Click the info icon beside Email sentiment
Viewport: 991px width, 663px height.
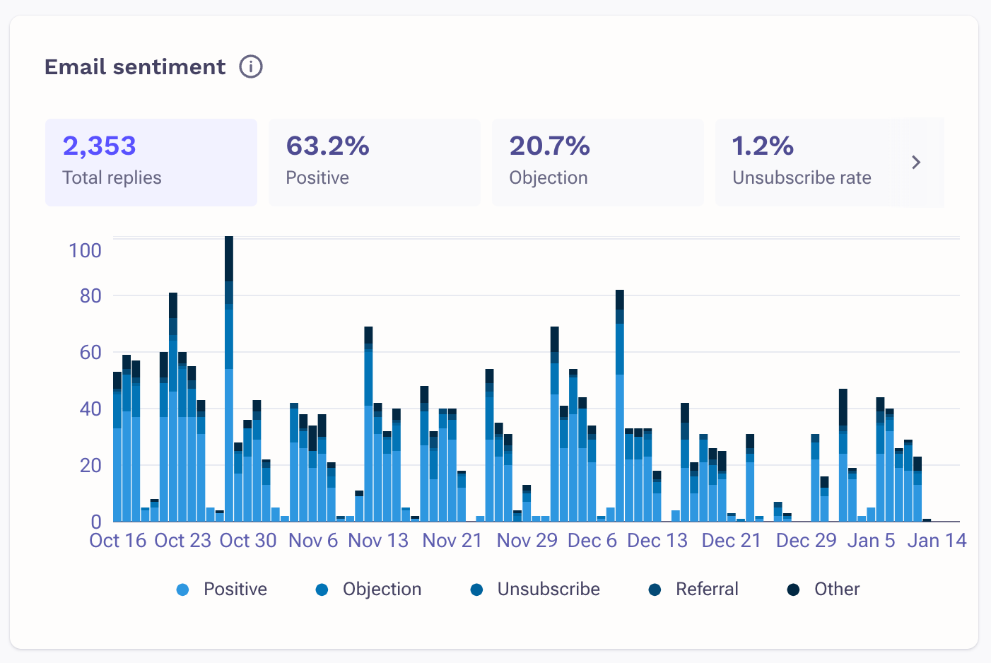[251, 66]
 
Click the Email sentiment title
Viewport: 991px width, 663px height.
[135, 66]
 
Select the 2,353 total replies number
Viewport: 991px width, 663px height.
[99, 146]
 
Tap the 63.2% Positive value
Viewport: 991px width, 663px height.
[327, 146]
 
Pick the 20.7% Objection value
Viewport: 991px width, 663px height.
[549, 146]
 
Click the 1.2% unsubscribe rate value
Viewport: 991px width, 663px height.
[763, 146]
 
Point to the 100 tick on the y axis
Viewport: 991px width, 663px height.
[85, 250]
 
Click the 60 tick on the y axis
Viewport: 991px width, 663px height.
[90, 352]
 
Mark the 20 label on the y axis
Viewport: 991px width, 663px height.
[90, 465]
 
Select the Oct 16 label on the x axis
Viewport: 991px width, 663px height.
[117, 541]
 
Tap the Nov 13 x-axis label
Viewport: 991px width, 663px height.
[378, 541]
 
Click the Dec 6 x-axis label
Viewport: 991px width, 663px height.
[592, 541]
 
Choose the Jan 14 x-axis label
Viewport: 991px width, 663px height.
[937, 541]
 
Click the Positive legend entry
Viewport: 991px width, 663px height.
[222, 589]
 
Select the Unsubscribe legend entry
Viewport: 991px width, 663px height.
[535, 589]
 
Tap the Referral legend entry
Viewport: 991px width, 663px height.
[693, 589]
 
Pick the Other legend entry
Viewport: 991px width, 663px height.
[823, 589]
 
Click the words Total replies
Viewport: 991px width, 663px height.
[112, 177]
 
